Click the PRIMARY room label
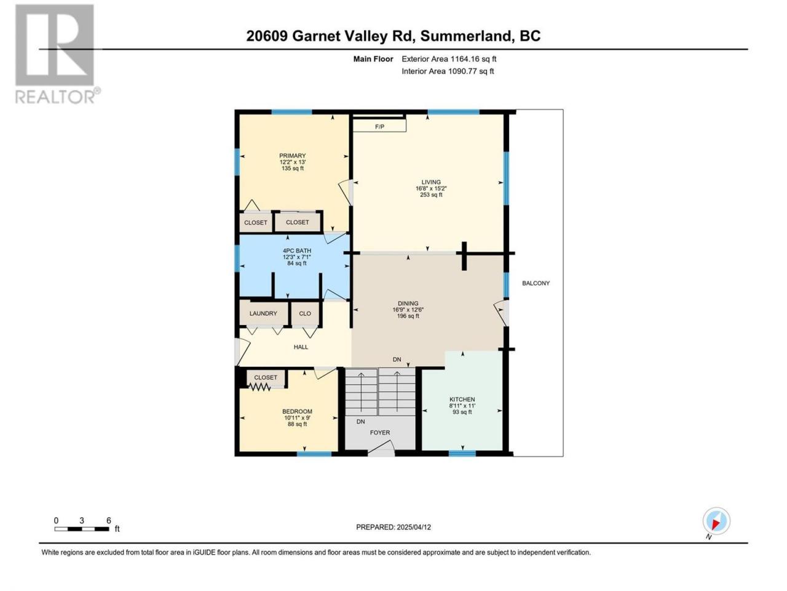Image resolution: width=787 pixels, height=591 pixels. pyautogui.click(x=292, y=156)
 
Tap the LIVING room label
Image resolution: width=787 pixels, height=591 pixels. pyautogui.click(x=431, y=182)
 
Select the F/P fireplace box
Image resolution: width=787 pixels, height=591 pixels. pyautogui.click(x=380, y=126)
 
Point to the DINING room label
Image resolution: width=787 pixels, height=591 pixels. pyautogui.click(x=408, y=304)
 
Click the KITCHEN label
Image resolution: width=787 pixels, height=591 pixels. pyautogui.click(x=462, y=400)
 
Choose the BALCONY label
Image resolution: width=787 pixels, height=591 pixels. pyautogui.click(x=536, y=283)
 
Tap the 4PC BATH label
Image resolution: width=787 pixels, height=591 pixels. pyautogui.click(x=297, y=251)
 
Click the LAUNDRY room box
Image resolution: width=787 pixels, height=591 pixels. pyautogui.click(x=264, y=313)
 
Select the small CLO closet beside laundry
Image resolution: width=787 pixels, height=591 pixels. pyautogui.click(x=305, y=313)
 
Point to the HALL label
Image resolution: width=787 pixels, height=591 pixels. pyautogui.click(x=301, y=347)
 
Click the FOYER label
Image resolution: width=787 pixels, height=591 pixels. pyautogui.click(x=380, y=433)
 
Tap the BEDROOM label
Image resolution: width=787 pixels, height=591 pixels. pyautogui.click(x=297, y=412)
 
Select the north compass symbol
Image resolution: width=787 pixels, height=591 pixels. pyautogui.click(x=716, y=521)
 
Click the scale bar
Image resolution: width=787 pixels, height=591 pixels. pyautogui.click(x=82, y=529)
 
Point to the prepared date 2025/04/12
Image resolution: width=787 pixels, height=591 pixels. pyautogui.click(x=414, y=527)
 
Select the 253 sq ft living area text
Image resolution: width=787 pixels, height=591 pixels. pyautogui.click(x=431, y=195)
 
